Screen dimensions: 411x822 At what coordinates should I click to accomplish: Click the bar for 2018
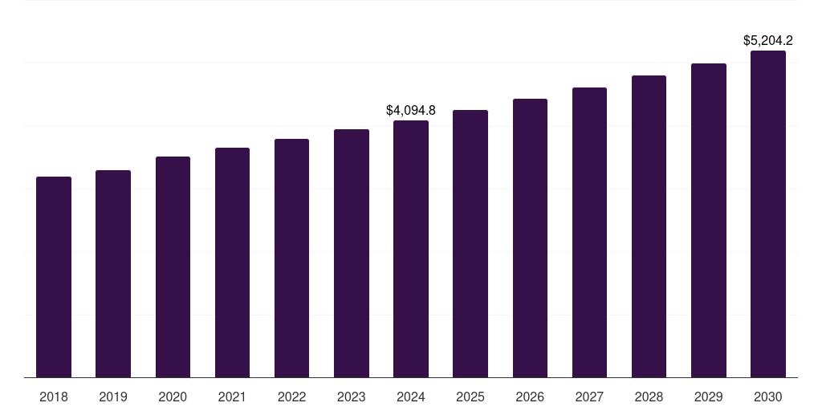(x=54, y=277)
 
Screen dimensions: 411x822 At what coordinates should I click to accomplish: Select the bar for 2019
(x=113, y=274)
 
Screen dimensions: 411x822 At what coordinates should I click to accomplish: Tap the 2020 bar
(x=173, y=267)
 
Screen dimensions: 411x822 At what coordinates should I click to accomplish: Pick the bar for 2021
(x=232, y=262)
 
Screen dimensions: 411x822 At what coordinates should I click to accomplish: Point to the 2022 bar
(x=291, y=258)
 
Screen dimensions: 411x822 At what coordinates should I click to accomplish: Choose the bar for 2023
(x=352, y=253)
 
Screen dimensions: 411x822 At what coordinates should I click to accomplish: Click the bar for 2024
(x=411, y=249)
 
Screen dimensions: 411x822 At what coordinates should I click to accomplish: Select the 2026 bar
(x=530, y=238)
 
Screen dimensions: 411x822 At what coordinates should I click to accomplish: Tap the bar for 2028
(x=649, y=226)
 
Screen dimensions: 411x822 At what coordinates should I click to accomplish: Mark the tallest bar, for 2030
(x=768, y=214)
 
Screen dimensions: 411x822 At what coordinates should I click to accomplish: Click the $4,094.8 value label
(x=411, y=110)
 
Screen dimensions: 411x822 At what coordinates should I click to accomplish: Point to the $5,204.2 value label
(x=768, y=40)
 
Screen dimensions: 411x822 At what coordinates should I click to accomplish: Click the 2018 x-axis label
(x=54, y=397)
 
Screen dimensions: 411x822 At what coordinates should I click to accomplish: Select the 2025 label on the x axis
(x=470, y=397)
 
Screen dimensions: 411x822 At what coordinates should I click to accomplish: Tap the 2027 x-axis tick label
(x=589, y=397)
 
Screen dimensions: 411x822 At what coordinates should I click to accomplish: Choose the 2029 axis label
(x=708, y=397)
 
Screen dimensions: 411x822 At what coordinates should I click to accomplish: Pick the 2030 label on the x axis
(x=768, y=397)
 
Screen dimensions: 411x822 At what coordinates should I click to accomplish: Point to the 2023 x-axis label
(x=352, y=397)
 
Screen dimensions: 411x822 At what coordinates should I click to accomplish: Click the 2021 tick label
(x=232, y=397)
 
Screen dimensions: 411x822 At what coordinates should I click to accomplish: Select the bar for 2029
(x=708, y=220)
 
